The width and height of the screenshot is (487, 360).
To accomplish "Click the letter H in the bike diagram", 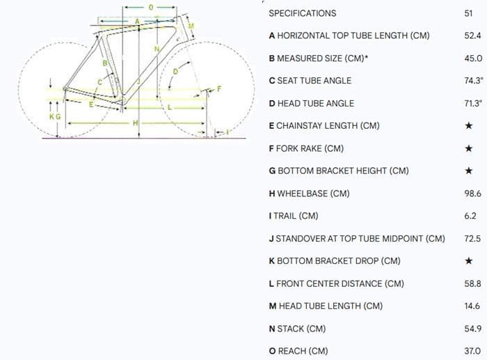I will tap(137, 123).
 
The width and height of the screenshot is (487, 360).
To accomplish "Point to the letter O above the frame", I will tap(151, 8).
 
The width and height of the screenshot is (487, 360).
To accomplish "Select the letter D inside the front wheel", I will tap(175, 71).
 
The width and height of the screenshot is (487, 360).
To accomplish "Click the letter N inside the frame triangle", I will tap(157, 49).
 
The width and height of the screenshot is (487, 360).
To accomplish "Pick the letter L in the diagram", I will tap(170, 108).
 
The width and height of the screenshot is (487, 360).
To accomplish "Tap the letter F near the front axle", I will tap(218, 88).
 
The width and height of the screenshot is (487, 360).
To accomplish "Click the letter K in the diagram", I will tap(51, 117).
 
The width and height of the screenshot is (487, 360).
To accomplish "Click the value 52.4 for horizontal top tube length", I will tap(473, 36).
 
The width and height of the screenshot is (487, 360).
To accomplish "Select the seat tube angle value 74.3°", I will tap(473, 81).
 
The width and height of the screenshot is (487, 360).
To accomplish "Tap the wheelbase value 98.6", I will tap(473, 194).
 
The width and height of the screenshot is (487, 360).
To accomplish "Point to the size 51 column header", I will tap(468, 13).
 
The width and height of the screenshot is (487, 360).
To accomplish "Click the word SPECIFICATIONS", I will tap(302, 13).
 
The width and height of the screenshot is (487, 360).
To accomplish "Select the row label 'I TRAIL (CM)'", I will tap(293, 216).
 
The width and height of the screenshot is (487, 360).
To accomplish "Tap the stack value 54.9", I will tap(473, 329).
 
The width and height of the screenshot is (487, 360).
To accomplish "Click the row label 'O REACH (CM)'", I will tap(298, 351).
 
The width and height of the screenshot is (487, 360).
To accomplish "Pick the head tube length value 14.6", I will tap(473, 306).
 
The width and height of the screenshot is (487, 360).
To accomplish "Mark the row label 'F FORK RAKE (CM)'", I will tap(305, 148).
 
